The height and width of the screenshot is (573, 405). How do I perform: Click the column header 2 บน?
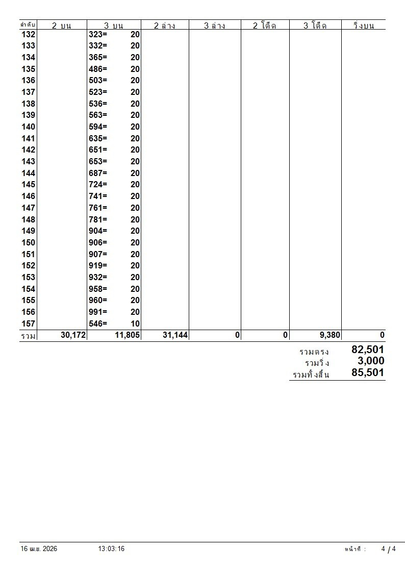(x=62, y=26)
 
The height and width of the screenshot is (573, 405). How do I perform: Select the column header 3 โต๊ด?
(x=315, y=26)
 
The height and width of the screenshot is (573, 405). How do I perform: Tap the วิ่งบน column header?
(x=363, y=26)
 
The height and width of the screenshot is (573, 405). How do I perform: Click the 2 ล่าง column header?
(x=164, y=26)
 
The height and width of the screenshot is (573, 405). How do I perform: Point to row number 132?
(x=29, y=34)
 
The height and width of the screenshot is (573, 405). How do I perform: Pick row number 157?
(x=29, y=323)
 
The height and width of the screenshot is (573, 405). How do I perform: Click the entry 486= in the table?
(x=98, y=69)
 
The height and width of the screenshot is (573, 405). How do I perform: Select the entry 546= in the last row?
(x=98, y=323)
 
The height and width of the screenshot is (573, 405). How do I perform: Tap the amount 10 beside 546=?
(x=135, y=323)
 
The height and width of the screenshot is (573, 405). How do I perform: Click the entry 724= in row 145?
(x=98, y=185)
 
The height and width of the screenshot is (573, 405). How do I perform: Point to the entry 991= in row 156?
(x=98, y=312)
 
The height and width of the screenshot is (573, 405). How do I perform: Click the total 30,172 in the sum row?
(x=73, y=335)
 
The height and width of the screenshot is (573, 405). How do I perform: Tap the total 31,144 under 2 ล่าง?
(x=174, y=335)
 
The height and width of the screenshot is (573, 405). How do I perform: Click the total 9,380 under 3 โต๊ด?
(x=326, y=335)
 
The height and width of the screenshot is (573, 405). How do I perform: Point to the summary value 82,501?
(x=367, y=350)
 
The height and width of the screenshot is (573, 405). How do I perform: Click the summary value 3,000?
(x=371, y=361)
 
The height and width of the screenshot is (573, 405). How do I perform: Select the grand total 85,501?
(x=367, y=373)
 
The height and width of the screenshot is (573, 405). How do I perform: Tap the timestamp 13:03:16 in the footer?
(x=111, y=549)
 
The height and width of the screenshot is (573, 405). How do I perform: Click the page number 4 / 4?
(x=388, y=549)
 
